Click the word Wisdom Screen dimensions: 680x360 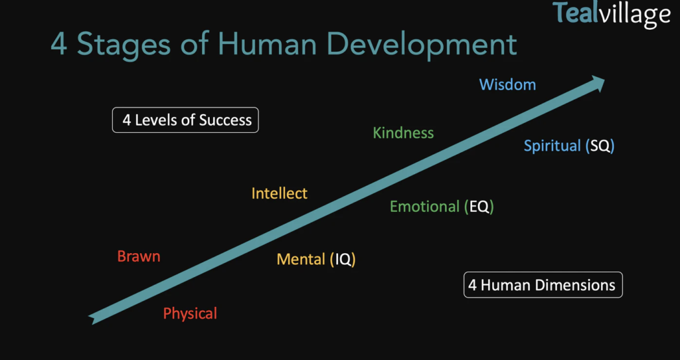pos(507,84)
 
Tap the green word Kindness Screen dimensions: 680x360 pos(403,133)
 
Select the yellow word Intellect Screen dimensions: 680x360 pos(280,193)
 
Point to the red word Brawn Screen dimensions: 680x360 pos(139,256)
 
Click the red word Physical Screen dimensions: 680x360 pos(190,314)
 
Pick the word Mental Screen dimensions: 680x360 pos(301,260)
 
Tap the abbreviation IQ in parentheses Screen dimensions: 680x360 pos(343,260)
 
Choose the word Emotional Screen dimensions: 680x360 pos(424,207)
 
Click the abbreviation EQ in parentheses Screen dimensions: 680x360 pos(479,207)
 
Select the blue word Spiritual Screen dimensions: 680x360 pos(552,146)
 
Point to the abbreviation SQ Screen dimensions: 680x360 pos(600,146)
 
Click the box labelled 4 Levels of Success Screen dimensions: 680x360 pos(186,120)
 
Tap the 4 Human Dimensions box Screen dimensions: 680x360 pos(543,285)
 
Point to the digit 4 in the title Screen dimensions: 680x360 pos(59,44)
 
